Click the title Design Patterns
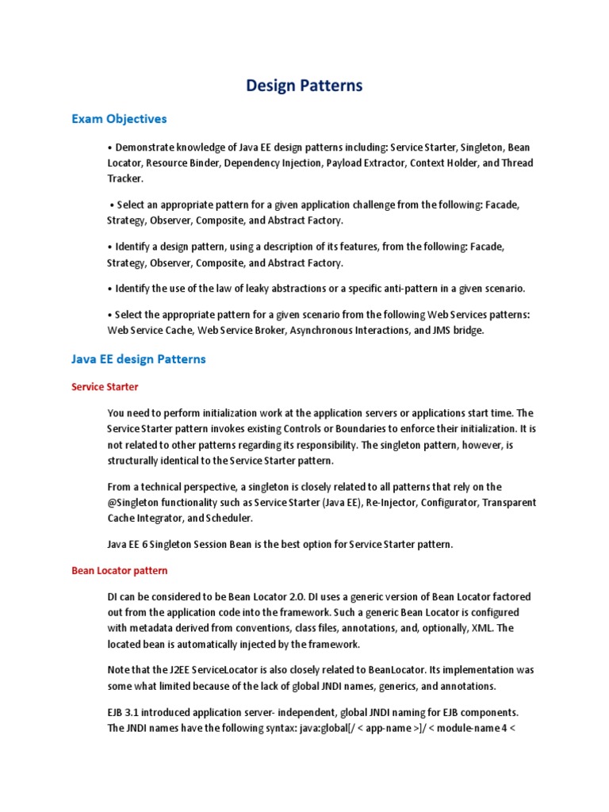[x=304, y=86]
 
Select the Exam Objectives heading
[x=119, y=119]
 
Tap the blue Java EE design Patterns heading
[x=138, y=359]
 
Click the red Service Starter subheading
[x=105, y=387]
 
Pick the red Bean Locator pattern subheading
[x=119, y=570]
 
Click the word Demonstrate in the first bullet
[x=147, y=147]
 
